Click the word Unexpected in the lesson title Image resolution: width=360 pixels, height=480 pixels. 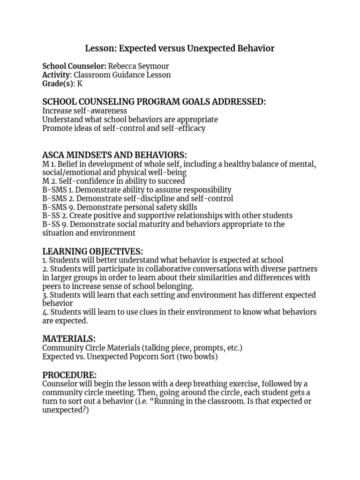pyautogui.click(x=211, y=48)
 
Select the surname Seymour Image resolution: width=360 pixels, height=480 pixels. pyautogui.click(x=153, y=66)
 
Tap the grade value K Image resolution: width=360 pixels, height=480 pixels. pyautogui.click(x=80, y=84)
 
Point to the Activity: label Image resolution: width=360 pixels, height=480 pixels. pyautogui.click(x=57, y=75)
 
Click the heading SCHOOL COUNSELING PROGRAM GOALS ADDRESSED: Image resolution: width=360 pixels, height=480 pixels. pyautogui.click(x=154, y=102)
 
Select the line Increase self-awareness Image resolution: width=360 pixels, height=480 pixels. pyautogui.click(x=84, y=111)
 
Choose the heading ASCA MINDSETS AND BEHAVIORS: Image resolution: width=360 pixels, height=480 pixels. pyautogui.click(x=114, y=155)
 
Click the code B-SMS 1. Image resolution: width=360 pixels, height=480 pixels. pyautogui.click(x=58, y=190)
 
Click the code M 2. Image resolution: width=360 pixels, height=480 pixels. pyautogui.click(x=49, y=181)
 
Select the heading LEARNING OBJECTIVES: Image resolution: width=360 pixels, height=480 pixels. pyautogui.click(x=93, y=251)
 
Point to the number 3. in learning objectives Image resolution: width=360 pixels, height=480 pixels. pyautogui.click(x=45, y=295)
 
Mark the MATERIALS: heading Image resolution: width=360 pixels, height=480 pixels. pyautogui.click(x=69, y=338)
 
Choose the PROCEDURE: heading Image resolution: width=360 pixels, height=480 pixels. pyautogui.click(x=69, y=375)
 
